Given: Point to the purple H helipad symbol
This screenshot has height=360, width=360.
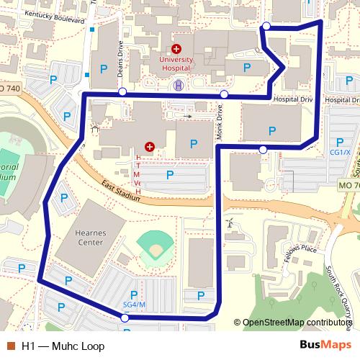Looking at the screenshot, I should [x=178, y=86].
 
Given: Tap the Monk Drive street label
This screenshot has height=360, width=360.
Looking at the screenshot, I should [x=218, y=122].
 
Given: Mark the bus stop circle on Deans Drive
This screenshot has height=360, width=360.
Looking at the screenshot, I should [x=122, y=92].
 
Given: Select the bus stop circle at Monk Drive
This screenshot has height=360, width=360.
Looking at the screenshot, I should [x=225, y=94].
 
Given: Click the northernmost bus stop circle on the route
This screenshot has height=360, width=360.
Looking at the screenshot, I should [x=266, y=27].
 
